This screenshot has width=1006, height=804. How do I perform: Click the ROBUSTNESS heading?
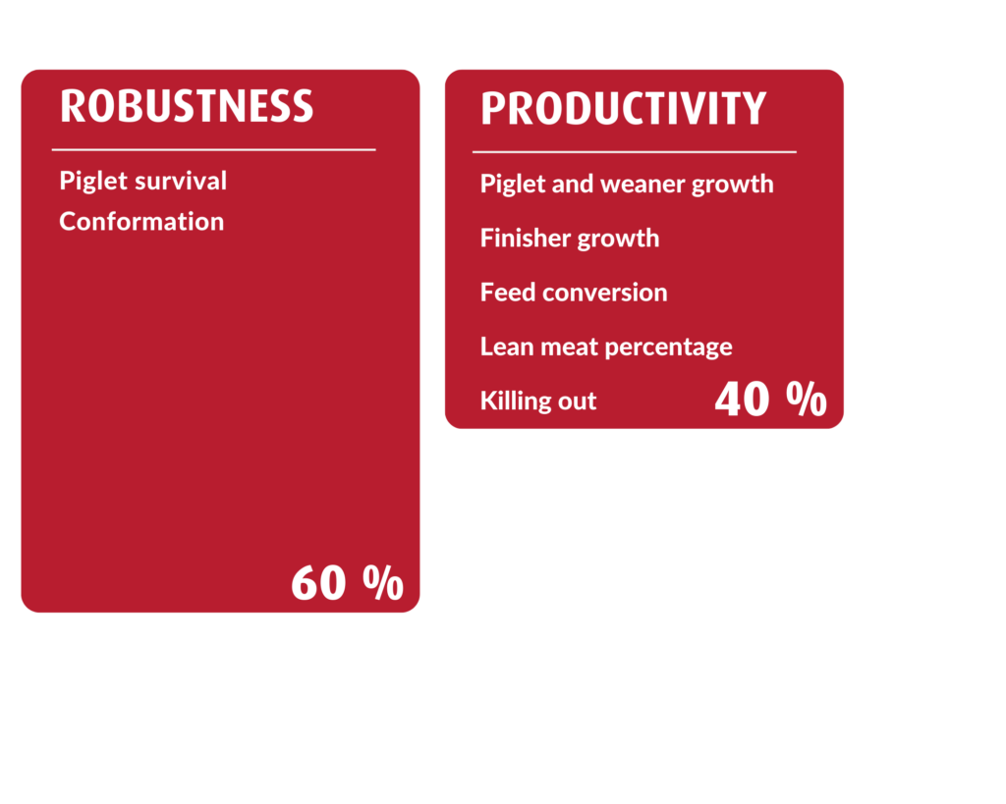coord(187,106)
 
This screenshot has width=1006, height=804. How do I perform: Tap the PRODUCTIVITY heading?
coord(624,108)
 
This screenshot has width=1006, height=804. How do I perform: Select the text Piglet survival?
coord(143,182)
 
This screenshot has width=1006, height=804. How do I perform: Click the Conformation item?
coord(141,222)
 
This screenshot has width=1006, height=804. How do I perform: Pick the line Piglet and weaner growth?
coord(627,185)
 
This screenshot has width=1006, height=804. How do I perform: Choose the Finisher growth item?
coord(570,239)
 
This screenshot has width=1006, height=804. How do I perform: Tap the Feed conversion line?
coord(574,293)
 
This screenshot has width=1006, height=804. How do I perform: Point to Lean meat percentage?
coord(606,347)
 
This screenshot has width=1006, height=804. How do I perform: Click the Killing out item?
coord(538,402)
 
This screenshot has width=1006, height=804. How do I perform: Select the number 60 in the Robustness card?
coord(319,583)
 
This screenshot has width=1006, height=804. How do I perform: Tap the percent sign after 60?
coord(383,582)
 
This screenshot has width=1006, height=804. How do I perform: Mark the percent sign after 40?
coord(807,399)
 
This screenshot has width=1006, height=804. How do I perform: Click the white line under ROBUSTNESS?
coord(213,150)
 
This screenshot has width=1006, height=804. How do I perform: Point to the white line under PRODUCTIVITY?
coord(635,152)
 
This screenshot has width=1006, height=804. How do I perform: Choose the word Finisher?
coord(526,238)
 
